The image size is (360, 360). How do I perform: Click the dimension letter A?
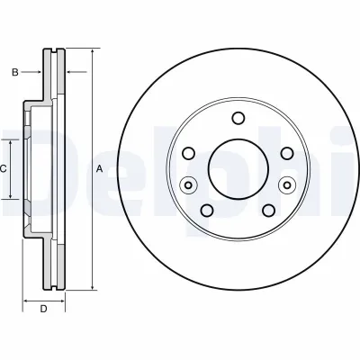click(x=99, y=169)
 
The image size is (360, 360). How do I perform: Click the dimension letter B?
click(x=15, y=72)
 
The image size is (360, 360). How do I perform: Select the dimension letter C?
click(x=3, y=169)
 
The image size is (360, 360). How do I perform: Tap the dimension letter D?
click(x=44, y=309)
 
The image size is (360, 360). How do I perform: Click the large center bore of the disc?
click(x=238, y=169)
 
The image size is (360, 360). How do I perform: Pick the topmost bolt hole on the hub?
click(x=238, y=118)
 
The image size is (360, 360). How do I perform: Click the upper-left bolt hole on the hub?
click(x=189, y=154)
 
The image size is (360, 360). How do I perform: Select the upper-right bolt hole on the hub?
click(x=287, y=154)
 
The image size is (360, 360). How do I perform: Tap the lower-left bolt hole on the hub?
click(x=207, y=211)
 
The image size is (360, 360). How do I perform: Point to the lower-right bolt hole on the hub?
click(x=268, y=211)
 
